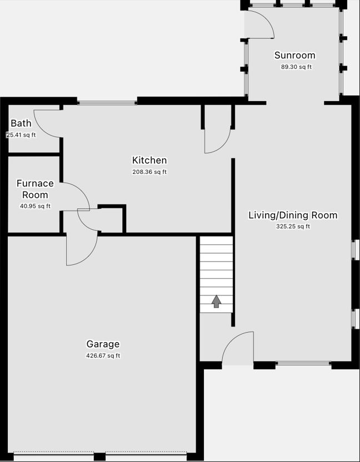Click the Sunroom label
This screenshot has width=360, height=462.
[294, 56]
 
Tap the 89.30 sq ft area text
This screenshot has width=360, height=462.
[296, 67]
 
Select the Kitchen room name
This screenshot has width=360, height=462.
[149, 160]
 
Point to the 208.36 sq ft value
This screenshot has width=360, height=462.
[149, 172]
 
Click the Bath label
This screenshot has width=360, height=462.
[21, 123]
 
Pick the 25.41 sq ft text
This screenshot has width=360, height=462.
[21, 135]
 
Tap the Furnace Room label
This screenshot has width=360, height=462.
[35, 189]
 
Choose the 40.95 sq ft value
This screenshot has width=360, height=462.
[35, 206]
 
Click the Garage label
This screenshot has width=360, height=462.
[103, 344]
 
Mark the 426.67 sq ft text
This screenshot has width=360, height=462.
[103, 355]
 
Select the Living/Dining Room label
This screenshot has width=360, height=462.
[293, 215]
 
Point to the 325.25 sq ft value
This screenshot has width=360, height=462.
[293, 227]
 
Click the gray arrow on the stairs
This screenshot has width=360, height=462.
[217, 302]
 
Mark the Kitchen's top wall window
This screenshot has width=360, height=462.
[107, 103]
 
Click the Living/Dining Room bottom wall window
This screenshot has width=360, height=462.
[303, 363]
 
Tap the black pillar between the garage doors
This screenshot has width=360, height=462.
[99, 456]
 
